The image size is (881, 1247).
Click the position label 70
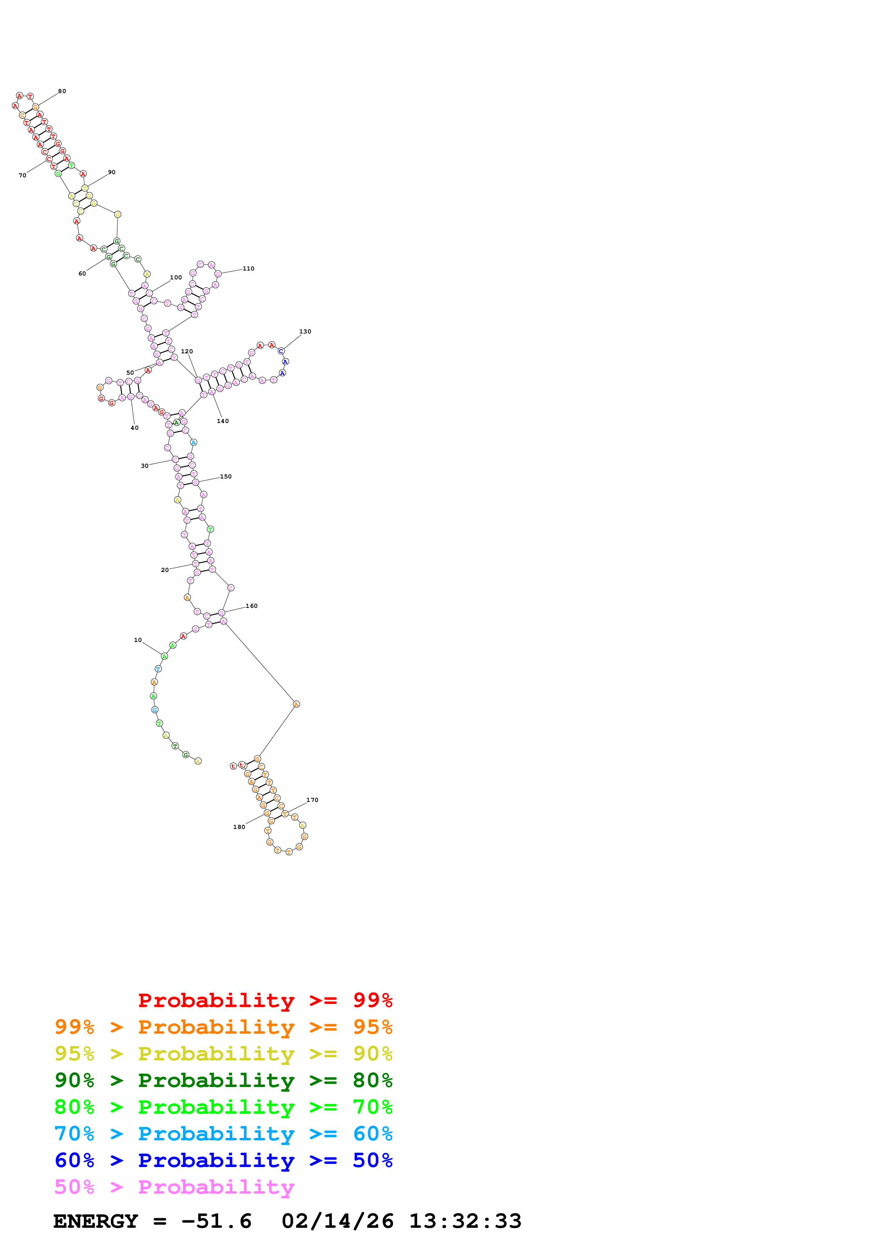22,176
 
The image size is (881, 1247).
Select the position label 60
82,274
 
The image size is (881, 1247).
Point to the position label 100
176,278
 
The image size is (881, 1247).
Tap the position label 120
187,352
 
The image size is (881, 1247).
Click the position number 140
222,421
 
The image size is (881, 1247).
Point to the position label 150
226,476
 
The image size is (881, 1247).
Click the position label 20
165,570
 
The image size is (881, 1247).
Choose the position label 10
138,640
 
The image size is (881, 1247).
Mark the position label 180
239,827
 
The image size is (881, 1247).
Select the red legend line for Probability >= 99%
265,1000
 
